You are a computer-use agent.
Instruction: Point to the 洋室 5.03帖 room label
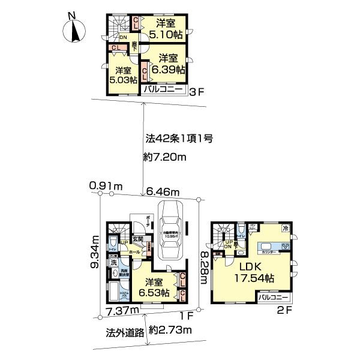click(123, 74)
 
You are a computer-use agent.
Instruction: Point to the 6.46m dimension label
click(163, 191)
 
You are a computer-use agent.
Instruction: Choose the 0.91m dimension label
click(106, 187)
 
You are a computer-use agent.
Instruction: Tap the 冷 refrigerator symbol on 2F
click(287, 229)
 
